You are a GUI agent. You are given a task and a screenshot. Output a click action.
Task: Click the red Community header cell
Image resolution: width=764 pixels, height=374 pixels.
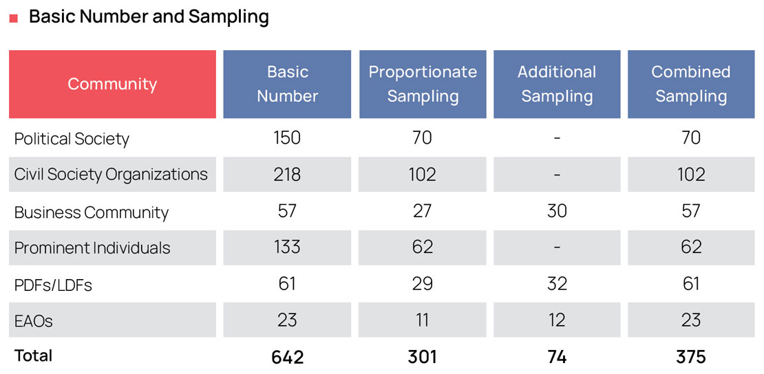point(112,84)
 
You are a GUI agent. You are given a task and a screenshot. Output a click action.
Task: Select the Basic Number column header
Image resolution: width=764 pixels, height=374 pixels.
point(287,84)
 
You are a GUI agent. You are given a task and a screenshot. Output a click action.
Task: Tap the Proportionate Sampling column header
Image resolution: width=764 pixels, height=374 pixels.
point(423,84)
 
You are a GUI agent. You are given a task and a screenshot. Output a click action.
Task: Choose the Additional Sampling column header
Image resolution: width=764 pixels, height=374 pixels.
point(557,84)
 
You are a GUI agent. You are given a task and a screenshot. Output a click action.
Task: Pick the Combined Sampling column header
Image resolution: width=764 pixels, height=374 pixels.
point(691,84)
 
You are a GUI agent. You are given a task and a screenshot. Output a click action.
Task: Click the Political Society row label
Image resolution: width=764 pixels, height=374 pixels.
point(72,139)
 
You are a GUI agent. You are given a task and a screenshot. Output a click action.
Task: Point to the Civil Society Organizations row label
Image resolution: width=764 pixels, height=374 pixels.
point(111,175)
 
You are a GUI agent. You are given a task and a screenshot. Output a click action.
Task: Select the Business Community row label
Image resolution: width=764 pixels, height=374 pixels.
point(91,212)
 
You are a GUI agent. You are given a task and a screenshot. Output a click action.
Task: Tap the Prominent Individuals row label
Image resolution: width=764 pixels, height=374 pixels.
point(92,248)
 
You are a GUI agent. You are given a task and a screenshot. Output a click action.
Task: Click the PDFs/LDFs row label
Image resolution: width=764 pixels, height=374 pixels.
point(53,285)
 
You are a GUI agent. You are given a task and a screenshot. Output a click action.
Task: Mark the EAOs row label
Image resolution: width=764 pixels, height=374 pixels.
point(34,320)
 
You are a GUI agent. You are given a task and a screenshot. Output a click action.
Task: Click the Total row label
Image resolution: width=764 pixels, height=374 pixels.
point(33,355)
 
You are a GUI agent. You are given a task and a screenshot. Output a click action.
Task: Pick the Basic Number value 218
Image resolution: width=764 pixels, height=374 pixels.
point(287,175)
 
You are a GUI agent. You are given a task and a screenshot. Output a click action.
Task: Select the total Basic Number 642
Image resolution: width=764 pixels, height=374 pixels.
point(287,357)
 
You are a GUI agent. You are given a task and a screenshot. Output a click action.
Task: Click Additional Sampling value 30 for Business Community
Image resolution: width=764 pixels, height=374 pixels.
point(557,211)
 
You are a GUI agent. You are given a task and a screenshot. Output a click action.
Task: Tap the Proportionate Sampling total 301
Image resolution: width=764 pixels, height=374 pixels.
point(422,357)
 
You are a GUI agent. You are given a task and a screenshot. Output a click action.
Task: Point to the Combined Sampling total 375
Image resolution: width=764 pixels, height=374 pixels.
point(691,357)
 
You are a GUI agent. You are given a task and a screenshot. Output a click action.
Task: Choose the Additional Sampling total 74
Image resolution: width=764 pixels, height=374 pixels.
point(557,357)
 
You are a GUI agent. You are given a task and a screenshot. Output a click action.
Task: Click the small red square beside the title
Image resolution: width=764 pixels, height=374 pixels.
point(13,19)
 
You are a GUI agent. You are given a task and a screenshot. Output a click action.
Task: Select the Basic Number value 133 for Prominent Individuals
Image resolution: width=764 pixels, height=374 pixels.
point(287,247)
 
